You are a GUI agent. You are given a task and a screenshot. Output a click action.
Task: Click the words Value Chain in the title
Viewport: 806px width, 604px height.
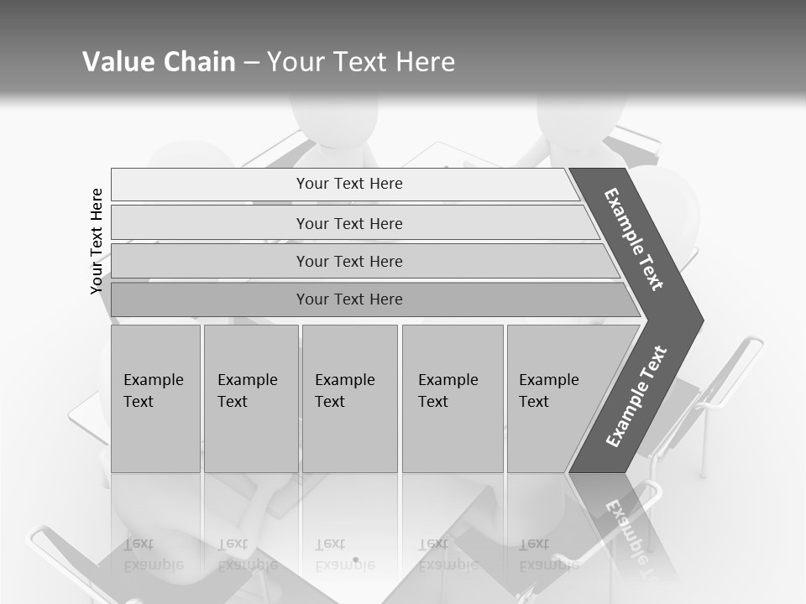point(159,62)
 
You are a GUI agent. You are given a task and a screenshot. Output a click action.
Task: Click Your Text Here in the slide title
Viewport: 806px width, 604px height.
point(361,62)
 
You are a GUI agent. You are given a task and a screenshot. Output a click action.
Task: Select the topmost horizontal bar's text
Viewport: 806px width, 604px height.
point(349,184)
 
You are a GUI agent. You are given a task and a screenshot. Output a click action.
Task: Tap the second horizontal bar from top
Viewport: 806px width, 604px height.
point(349,224)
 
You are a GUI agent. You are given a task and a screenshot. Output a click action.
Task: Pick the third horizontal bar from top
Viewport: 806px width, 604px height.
point(349,262)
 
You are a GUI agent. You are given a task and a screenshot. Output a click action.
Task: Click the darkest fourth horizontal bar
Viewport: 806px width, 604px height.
point(349,299)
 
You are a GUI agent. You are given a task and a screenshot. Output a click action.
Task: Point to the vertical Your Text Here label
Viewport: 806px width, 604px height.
point(97,241)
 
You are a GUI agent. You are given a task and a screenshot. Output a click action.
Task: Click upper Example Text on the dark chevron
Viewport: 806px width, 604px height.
point(634,239)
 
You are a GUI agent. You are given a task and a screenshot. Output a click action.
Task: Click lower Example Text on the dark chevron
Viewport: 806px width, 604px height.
point(636,397)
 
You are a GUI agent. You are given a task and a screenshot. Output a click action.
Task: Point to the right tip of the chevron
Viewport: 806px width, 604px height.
point(701,320)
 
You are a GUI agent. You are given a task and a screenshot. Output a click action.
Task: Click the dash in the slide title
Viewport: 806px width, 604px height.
point(251,62)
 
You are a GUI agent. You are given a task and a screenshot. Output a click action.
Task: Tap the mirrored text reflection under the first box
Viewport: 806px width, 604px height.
point(154,555)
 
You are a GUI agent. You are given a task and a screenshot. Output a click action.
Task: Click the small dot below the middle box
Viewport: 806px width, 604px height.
point(355,560)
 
